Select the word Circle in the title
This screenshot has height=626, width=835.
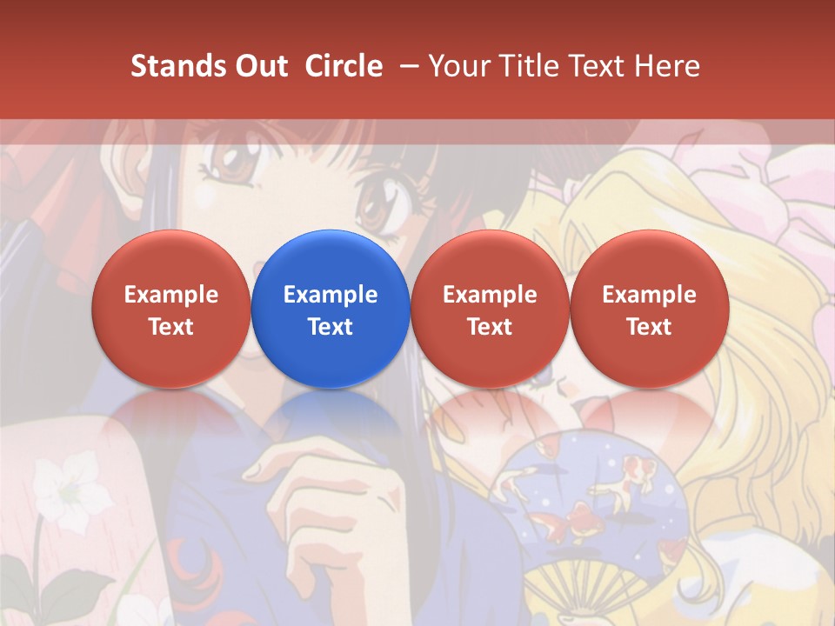click(x=344, y=66)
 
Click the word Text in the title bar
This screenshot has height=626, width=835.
click(x=597, y=66)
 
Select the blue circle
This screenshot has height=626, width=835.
click(x=331, y=309)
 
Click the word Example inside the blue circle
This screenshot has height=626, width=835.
click(x=331, y=295)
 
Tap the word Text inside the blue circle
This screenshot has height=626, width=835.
click(x=331, y=327)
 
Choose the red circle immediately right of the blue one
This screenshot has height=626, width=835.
click(x=490, y=309)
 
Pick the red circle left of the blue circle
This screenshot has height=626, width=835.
click(x=171, y=309)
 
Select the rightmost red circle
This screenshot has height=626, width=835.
click(x=649, y=309)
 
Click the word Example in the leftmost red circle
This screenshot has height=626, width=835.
click(x=171, y=295)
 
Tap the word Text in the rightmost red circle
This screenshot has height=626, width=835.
click(x=649, y=327)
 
